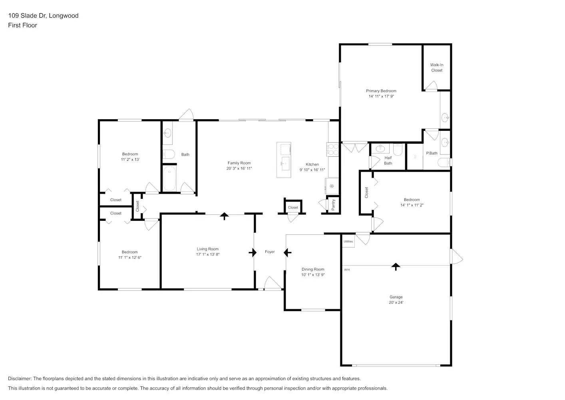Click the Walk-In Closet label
tap(436, 68)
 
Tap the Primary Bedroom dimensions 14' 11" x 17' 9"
tap(381, 96)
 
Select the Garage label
tap(396, 297)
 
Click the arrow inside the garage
tap(396, 266)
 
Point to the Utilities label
tap(348, 242)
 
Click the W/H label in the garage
tap(347, 270)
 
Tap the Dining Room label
tap(312, 269)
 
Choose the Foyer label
tap(270, 252)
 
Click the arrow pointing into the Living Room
tap(252, 252)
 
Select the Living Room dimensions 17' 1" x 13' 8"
tap(207, 254)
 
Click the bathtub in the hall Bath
tap(170, 179)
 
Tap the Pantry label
tap(333, 205)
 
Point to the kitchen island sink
tap(285, 162)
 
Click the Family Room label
tap(239, 163)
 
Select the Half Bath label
tap(388, 160)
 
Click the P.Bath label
tap(432, 153)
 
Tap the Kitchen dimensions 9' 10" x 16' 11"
tap(312, 170)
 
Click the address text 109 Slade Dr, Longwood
tap(43, 16)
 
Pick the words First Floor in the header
tap(22, 25)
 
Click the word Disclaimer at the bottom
tap(20, 378)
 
